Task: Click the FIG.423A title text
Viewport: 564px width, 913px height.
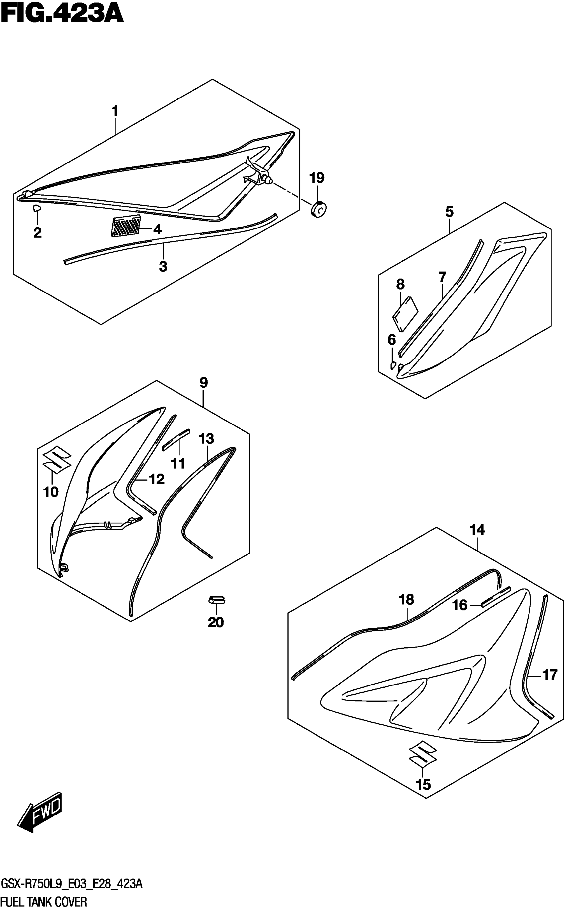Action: [x=62, y=14]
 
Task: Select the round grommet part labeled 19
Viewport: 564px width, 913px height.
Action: [x=318, y=210]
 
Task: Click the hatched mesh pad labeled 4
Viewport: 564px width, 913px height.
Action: [x=126, y=226]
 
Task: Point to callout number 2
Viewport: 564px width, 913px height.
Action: [x=37, y=233]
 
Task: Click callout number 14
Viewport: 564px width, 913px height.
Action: [x=477, y=530]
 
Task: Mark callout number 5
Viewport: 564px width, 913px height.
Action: [x=450, y=212]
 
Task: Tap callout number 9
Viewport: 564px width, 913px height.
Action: [x=203, y=383]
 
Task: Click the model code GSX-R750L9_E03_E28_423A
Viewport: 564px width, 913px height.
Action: [x=72, y=884]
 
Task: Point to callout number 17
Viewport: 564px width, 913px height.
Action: [x=549, y=675]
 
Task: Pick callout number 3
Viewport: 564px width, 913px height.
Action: [x=163, y=267]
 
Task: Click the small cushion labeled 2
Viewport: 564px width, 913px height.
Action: [x=36, y=208]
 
